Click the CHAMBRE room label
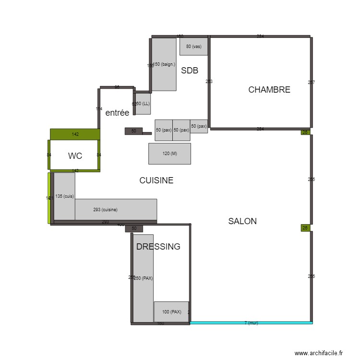click(x=269, y=90)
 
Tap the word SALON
click(x=242, y=221)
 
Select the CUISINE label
click(x=156, y=181)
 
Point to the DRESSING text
click(x=158, y=247)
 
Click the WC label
click(x=75, y=156)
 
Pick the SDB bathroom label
click(x=190, y=71)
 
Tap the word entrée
click(x=117, y=113)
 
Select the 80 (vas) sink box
click(x=193, y=47)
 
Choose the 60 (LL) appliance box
click(x=143, y=104)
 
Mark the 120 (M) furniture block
click(x=169, y=154)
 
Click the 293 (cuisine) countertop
click(x=116, y=209)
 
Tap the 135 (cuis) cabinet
click(x=64, y=196)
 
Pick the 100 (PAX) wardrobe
click(x=171, y=312)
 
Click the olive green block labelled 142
click(x=75, y=134)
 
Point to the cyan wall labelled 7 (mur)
click(x=251, y=323)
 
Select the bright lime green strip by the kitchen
click(x=49, y=198)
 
